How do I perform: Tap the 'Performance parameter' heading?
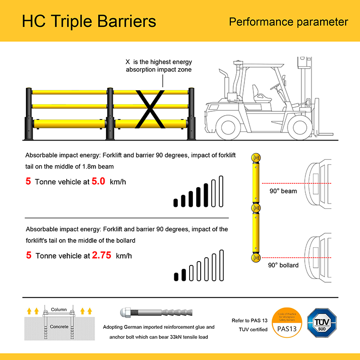coord(288,22)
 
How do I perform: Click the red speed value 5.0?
coord(96,182)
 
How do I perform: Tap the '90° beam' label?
coord(283,191)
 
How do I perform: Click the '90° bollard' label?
coord(283,265)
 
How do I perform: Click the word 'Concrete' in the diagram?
coord(59,326)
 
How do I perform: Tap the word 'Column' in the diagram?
coord(59,310)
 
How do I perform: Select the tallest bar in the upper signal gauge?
coord(221,191)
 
